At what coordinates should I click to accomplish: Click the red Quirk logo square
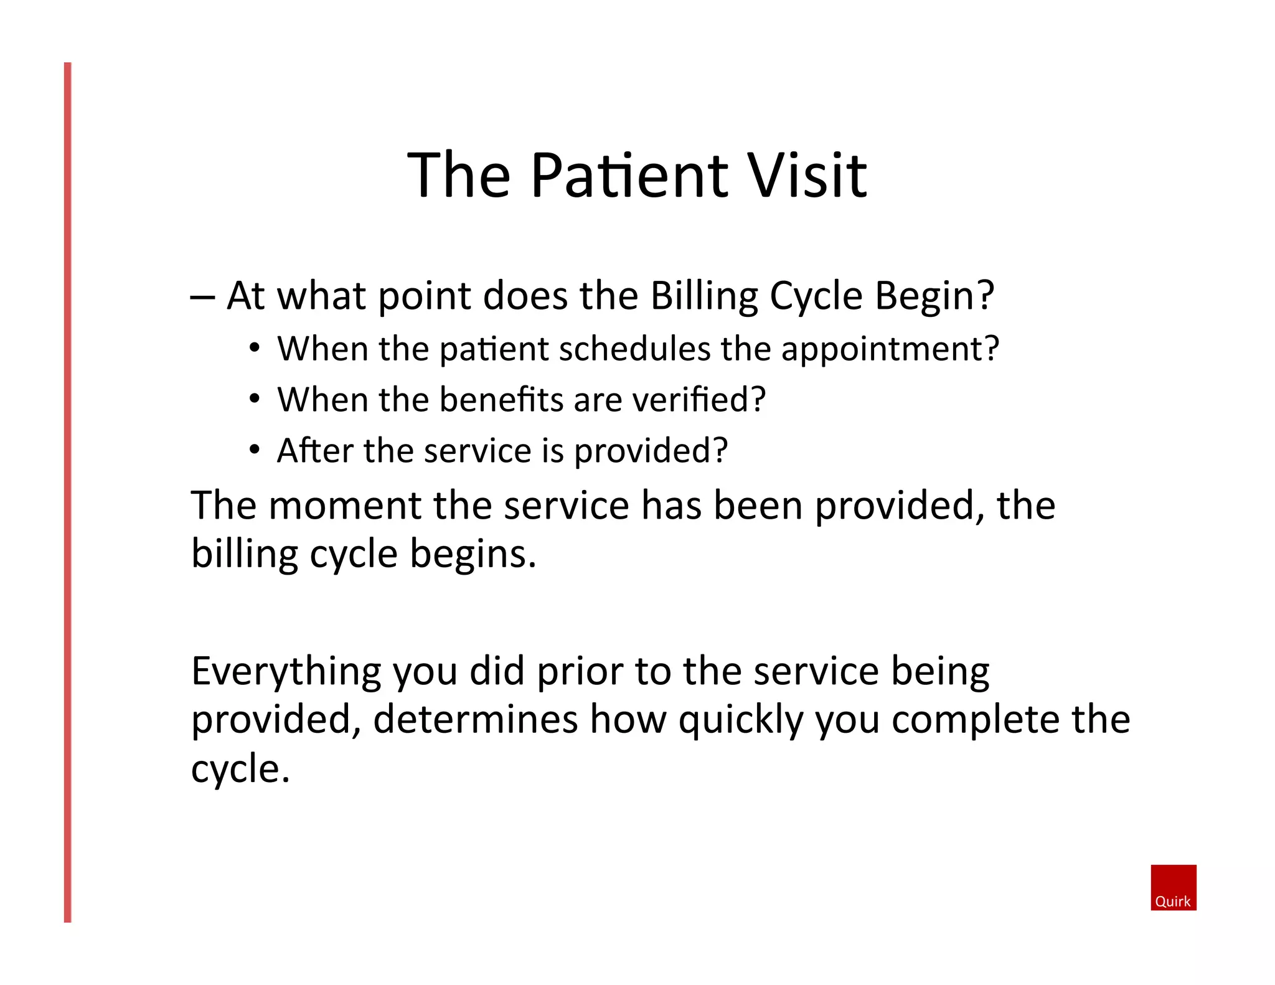(x=1173, y=887)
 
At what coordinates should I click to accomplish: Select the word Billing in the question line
(x=703, y=296)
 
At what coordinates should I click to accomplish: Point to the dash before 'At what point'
(x=202, y=298)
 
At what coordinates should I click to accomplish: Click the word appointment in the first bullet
(x=889, y=349)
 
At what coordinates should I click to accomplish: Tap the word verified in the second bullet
(x=698, y=400)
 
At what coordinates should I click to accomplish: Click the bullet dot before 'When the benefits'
(x=254, y=398)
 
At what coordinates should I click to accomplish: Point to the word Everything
(x=285, y=672)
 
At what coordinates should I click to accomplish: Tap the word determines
(x=476, y=720)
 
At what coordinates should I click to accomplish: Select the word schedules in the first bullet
(x=634, y=349)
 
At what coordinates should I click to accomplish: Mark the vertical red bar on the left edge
(x=68, y=492)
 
